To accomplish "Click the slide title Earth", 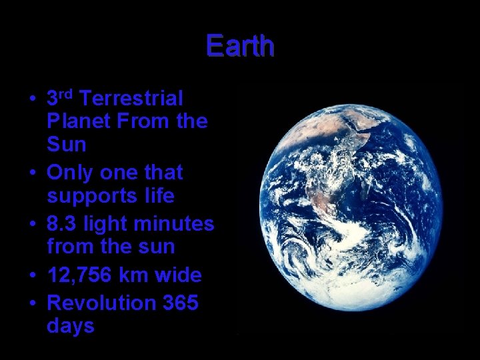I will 240,46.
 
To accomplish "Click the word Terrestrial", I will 131,99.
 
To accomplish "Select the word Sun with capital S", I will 67,145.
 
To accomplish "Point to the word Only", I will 71,173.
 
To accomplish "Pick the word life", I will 159,197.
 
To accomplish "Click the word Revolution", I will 101,303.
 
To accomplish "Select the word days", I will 71,327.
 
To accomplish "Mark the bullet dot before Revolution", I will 32,303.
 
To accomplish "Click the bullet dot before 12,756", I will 32,275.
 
